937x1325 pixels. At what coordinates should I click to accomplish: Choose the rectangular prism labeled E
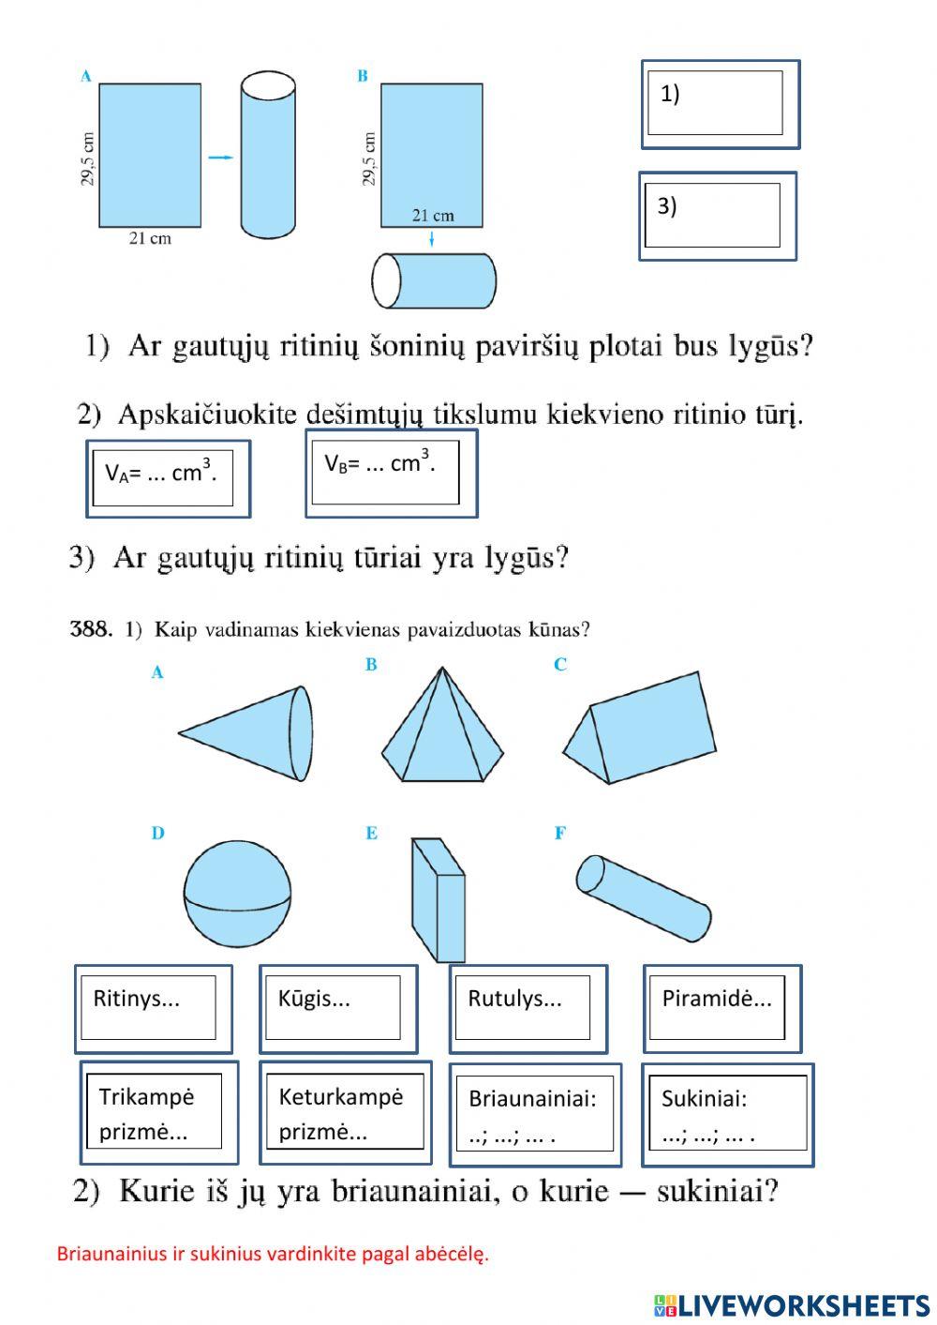click(x=437, y=898)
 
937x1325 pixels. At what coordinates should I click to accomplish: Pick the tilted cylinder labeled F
click(x=643, y=898)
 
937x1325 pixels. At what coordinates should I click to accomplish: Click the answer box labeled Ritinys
click(x=153, y=1009)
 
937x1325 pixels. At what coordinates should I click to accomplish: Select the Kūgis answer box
click(x=337, y=1009)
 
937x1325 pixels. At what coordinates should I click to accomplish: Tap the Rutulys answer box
click(x=528, y=1009)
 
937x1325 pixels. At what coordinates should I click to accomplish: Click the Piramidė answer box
click(x=721, y=1009)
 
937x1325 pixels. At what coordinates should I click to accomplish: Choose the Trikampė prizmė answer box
click(x=159, y=1113)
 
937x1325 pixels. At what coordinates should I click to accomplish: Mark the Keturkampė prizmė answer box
click(x=344, y=1113)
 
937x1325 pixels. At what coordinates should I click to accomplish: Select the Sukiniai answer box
click(x=727, y=1114)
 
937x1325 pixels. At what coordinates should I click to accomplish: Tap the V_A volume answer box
click(x=168, y=478)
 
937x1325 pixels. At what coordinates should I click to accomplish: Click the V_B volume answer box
click(x=391, y=474)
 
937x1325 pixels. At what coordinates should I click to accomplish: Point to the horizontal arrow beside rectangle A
click(x=220, y=158)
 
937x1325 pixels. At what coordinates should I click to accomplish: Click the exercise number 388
click(x=91, y=629)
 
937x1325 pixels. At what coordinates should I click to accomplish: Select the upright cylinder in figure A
click(x=268, y=157)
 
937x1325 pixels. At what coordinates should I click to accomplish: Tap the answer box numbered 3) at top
click(x=717, y=216)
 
